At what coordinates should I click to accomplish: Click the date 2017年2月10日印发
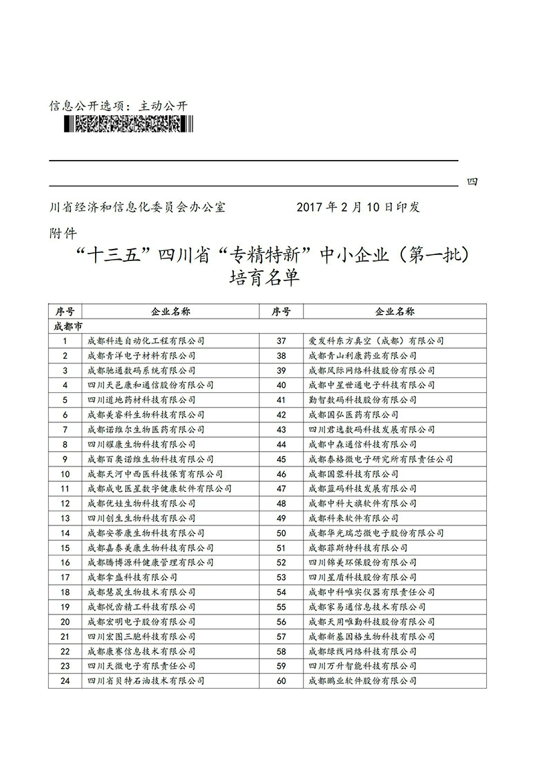[358, 207]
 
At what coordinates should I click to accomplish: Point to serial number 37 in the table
[281, 341]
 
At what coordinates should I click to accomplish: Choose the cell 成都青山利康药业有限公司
[362, 355]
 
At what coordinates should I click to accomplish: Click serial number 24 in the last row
[65, 681]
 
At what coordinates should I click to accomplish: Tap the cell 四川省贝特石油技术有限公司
[146, 681]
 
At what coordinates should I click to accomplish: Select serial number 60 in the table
[281, 681]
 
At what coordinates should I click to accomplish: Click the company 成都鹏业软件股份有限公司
[362, 681]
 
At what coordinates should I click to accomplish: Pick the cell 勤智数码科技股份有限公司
[362, 400]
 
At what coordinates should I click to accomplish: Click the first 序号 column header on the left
[65, 311]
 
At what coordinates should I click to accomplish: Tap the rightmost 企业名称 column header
[395, 311]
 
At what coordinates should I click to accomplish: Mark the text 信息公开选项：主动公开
[119, 106]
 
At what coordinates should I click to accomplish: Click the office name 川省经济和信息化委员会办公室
[138, 207]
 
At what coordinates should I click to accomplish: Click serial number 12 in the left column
[65, 503]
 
